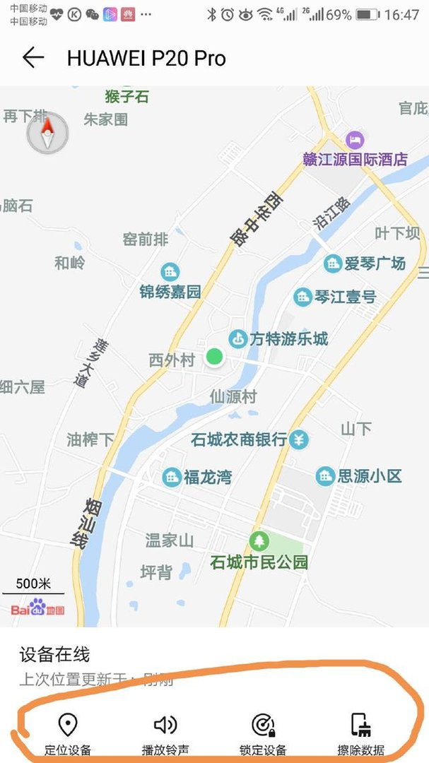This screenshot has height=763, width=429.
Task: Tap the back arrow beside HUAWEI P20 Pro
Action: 33,58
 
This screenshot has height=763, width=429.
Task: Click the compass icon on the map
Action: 47,132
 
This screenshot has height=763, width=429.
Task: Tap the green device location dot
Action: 214,357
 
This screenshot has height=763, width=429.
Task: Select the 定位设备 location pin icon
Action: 67,725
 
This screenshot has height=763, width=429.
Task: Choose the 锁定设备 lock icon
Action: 263,725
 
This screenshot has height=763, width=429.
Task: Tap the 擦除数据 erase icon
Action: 361,725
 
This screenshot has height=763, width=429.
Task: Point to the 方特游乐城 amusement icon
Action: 238,339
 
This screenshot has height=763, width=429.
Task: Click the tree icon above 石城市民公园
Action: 259,542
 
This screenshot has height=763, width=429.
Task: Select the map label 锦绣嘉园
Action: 170,291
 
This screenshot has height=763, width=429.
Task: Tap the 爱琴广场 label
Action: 375,264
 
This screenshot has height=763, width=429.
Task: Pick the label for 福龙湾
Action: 207,477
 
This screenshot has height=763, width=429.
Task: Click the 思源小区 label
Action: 369,475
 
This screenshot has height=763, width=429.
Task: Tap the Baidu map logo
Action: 37,608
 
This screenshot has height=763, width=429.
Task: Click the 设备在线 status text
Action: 54,654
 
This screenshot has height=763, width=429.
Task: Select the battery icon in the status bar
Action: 367,14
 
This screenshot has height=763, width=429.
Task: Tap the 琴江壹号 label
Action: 345,297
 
